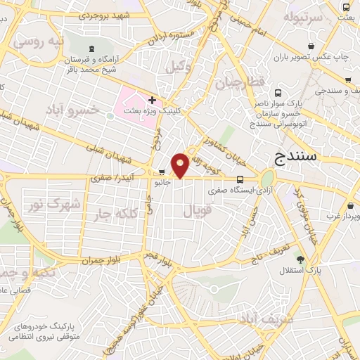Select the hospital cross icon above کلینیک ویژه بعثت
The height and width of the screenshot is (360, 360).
pyautogui.click(x=152, y=100)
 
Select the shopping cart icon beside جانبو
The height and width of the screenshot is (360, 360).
pyautogui.click(x=162, y=171)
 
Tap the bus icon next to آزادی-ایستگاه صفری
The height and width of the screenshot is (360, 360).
pyautogui.click(x=240, y=179)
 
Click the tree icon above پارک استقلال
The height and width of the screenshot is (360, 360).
pyautogui.click(x=301, y=259)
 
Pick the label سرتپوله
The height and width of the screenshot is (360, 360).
pyautogui.click(x=303, y=15)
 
